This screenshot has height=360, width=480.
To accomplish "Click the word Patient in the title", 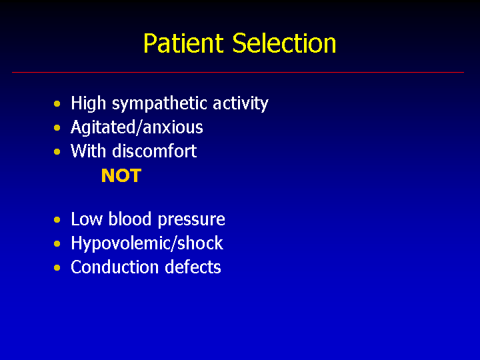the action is click(184, 43).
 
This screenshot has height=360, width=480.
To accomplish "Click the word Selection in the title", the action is click(285, 43).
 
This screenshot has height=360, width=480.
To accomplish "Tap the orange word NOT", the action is click(121, 175).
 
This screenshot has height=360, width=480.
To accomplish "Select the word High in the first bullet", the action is click(89, 103).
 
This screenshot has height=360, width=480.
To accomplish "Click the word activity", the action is click(241, 103).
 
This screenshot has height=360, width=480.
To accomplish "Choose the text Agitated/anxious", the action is click(137, 127).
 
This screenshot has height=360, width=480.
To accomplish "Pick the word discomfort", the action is click(154, 151).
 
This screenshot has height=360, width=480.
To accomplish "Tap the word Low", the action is click(87, 219).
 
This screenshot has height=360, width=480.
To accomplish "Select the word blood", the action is click(130, 219).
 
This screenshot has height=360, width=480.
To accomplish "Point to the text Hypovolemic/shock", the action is click(147, 244).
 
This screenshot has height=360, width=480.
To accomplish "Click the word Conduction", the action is click(115, 267).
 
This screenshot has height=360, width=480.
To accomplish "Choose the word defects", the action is click(193, 267).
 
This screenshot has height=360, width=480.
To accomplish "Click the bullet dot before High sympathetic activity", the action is click(57, 104).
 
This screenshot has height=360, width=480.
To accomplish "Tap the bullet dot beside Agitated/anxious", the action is click(57, 127).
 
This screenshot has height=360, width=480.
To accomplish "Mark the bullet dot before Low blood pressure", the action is click(57, 220).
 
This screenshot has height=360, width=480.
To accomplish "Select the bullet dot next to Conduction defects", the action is click(57, 268).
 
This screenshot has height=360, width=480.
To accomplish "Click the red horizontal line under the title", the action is click(238, 72).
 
